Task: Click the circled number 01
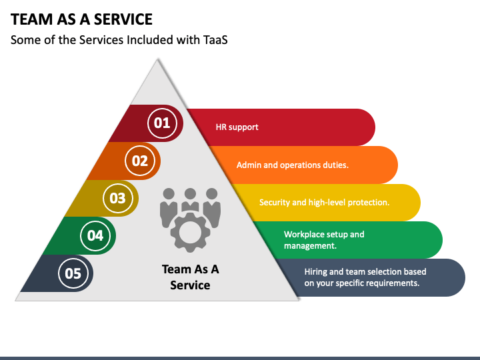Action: click(x=162, y=123)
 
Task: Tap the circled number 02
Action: click(x=140, y=161)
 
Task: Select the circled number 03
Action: click(x=117, y=198)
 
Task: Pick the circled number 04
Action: click(x=95, y=236)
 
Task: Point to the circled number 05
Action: click(x=73, y=273)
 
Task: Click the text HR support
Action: click(x=237, y=127)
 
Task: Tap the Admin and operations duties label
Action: click(x=293, y=165)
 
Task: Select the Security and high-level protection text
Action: click(x=324, y=203)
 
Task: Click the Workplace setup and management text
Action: click(x=324, y=240)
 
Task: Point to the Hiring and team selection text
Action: click(x=365, y=277)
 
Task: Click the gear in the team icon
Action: click(x=190, y=233)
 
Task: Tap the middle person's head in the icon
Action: click(x=190, y=194)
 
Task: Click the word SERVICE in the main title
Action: click(x=123, y=19)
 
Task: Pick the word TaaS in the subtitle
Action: click(x=215, y=40)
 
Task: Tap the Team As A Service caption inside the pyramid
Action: click(x=190, y=277)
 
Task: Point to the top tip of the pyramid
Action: click(x=157, y=59)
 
